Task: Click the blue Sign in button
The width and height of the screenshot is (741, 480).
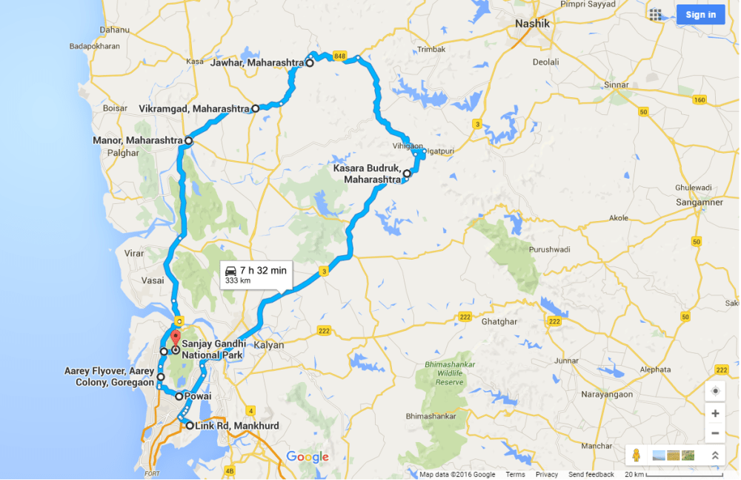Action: pyautogui.click(x=700, y=15)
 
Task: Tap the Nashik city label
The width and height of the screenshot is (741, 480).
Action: pyautogui.click(x=534, y=24)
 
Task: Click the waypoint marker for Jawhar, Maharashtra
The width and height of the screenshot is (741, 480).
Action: pyautogui.click(x=310, y=64)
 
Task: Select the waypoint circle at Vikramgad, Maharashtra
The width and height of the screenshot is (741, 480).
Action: pyautogui.click(x=256, y=108)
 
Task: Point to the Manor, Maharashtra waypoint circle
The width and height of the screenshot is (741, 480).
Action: pyautogui.click(x=189, y=140)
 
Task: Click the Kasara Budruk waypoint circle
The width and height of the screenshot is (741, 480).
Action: pyautogui.click(x=407, y=173)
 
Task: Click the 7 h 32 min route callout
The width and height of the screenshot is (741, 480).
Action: pyautogui.click(x=257, y=274)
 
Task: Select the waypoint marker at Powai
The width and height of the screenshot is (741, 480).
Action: pyautogui.click(x=179, y=396)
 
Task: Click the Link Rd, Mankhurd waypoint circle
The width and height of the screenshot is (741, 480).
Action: pyautogui.click(x=190, y=425)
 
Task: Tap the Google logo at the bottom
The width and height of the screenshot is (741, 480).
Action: pyautogui.click(x=307, y=457)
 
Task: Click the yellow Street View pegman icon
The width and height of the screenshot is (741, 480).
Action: pyautogui.click(x=637, y=456)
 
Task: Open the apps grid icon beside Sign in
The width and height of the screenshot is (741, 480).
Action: pyautogui.click(x=655, y=15)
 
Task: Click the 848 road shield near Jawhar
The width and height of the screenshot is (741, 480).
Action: pyautogui.click(x=340, y=56)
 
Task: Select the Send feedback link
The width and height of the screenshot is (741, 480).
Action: pyautogui.click(x=591, y=475)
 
